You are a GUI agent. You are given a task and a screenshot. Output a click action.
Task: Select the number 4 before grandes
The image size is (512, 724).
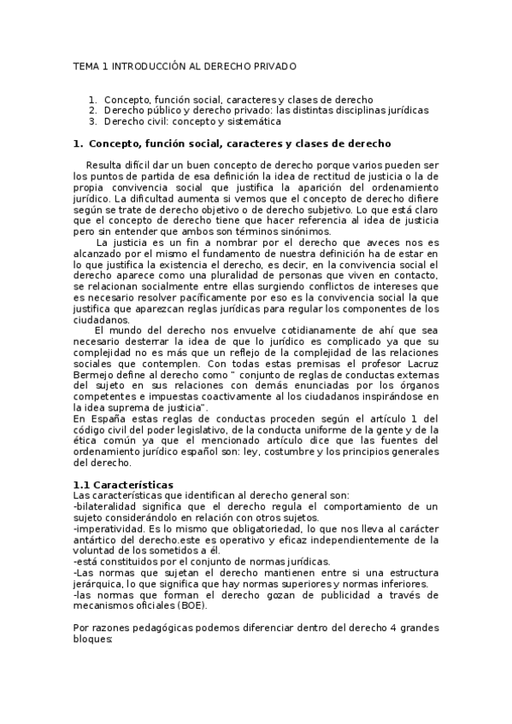pyautogui.click(x=391, y=628)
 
